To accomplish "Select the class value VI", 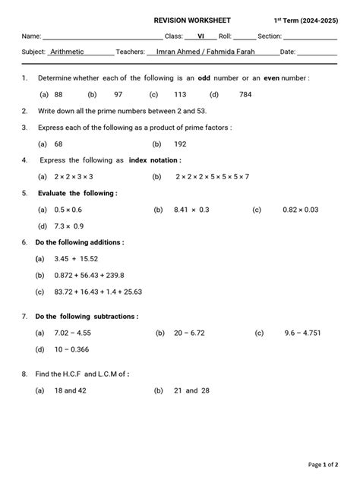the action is pyautogui.click(x=201, y=36).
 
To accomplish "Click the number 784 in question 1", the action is pyautogui.click(x=245, y=94).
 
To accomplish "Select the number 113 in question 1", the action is pyautogui.click(x=180, y=94).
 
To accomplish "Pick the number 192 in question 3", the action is pyautogui.click(x=180, y=144).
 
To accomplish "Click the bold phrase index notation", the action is pyautogui.click(x=155, y=160).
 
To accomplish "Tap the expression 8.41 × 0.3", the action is pyautogui.click(x=191, y=209).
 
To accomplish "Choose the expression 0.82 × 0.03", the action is pyautogui.click(x=301, y=209).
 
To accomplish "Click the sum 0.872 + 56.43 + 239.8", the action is pyautogui.click(x=90, y=275).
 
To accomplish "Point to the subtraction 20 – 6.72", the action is pyautogui.click(x=191, y=333).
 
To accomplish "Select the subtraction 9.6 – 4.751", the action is pyautogui.click(x=303, y=333).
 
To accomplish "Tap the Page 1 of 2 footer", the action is pyautogui.click(x=323, y=464).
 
